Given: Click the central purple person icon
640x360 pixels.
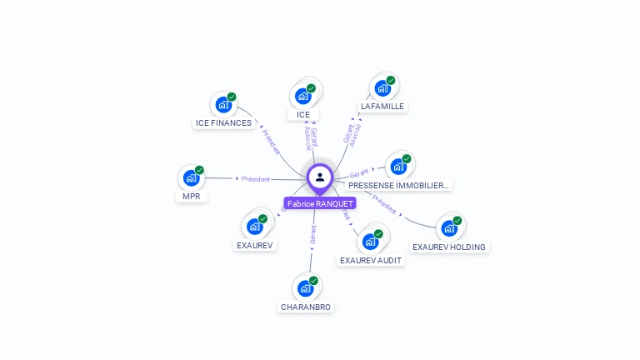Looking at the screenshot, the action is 320,177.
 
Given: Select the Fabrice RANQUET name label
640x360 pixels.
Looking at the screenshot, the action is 320,203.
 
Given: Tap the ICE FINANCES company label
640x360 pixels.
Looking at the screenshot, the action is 223,123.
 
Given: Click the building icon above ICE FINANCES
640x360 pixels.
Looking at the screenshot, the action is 222,105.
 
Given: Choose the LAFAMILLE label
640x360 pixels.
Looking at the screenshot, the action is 382,107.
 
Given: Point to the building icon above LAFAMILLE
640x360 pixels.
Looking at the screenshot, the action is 382,88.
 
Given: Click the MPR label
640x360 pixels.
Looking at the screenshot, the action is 191,197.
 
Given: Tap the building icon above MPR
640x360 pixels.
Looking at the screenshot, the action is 191,177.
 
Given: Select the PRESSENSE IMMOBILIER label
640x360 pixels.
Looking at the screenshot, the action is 399,185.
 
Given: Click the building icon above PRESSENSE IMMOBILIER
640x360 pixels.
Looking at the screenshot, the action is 397,166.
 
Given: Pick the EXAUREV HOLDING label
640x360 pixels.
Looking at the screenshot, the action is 449,247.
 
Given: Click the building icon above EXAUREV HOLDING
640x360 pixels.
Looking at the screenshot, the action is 449,227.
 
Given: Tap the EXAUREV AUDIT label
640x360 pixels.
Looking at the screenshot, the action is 371,260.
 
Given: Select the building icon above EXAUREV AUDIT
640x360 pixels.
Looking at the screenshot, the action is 369,242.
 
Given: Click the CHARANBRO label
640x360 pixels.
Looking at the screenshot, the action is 306,307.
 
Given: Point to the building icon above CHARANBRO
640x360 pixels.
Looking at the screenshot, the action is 305,288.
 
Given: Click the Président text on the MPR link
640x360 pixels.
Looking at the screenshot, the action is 255,179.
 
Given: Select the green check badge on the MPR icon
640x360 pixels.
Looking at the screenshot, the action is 199,170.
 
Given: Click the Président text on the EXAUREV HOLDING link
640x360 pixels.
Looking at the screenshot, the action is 385,205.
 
